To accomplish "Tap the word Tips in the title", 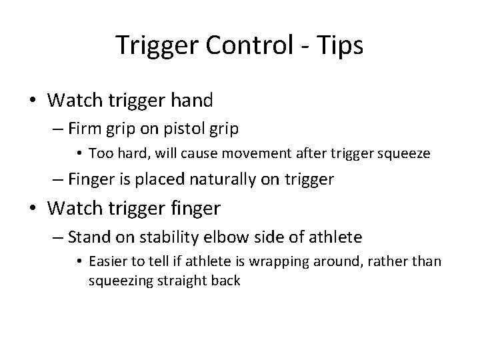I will point(341,45).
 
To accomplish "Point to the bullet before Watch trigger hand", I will point(33,101).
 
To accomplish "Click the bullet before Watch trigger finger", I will point(33,209).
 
